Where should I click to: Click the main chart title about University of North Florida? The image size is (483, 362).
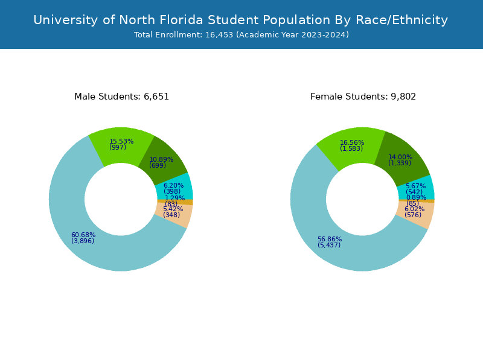pos(240,20)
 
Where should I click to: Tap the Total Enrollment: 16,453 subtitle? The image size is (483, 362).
pos(241,35)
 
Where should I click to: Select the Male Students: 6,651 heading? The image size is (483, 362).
pos(121,97)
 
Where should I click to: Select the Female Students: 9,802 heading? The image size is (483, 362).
pos(363,97)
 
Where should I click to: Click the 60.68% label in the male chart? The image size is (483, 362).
pos(83,235)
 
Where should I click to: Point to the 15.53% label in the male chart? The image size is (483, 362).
pos(121,142)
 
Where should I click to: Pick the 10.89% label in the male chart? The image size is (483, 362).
pos(161,160)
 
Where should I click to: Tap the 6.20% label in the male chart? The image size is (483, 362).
pos(173,186)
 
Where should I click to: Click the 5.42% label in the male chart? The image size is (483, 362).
pos(173,209)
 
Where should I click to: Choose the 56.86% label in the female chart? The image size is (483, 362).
pos(330,240)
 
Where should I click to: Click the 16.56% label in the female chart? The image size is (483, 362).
pos(352,143)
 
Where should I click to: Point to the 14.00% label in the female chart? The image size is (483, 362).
pos(400,157)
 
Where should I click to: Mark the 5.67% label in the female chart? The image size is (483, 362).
pos(415,186)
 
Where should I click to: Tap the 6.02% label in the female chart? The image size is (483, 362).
pos(415,209)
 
